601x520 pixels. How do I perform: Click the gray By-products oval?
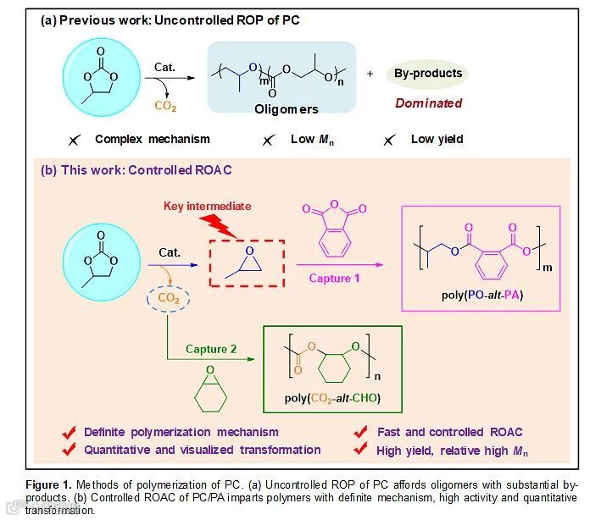tap(428, 74)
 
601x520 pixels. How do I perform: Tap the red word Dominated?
tap(428, 103)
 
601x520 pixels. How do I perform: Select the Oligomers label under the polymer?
tap(287, 109)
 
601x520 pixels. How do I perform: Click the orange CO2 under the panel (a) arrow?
tap(165, 107)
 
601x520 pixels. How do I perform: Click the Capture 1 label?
tap(333, 278)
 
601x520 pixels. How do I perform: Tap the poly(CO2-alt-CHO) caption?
tap(331, 398)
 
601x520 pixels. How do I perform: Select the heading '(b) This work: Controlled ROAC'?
tap(136, 170)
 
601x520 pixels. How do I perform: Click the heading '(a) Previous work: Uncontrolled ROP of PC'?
tap(170, 19)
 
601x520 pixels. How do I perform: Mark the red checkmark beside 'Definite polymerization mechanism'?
tap(70, 432)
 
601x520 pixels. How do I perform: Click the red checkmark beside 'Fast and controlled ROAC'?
tap(361, 432)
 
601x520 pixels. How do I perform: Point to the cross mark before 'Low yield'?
tap(389, 141)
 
